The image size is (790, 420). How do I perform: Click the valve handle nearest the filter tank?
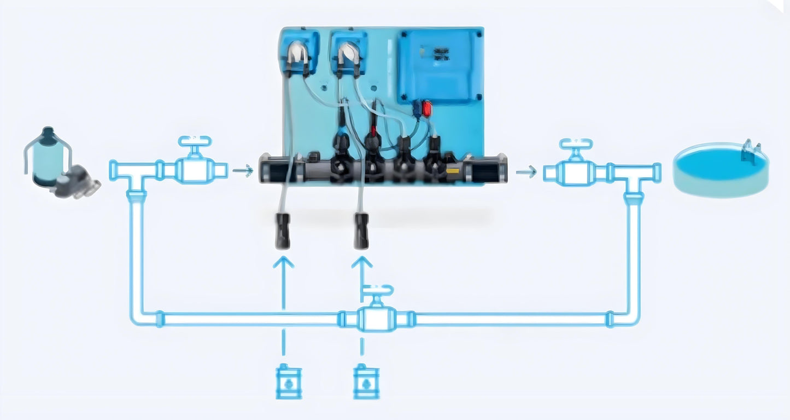194,141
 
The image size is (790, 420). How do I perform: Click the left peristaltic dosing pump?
299,55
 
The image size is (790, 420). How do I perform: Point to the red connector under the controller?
427,108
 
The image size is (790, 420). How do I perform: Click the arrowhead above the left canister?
283,262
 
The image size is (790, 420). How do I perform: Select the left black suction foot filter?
283,232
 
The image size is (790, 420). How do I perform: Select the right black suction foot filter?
361,232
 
